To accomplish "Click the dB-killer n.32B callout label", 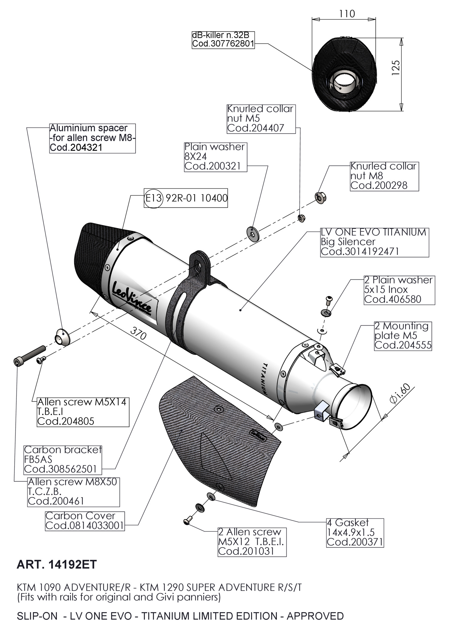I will (223, 40).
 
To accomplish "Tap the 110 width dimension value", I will (347, 14).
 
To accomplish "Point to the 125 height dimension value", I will (395, 68).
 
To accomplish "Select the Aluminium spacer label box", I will (92, 138).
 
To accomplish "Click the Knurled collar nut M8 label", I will (384, 176).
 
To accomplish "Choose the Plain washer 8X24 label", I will (215, 157).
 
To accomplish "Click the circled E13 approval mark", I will (153, 198).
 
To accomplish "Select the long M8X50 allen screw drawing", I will (30, 355).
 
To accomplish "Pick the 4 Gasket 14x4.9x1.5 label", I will (355, 532).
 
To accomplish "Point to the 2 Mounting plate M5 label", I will (403, 335).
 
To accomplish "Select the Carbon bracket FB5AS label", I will (63, 459).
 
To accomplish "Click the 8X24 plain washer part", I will (253, 233).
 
